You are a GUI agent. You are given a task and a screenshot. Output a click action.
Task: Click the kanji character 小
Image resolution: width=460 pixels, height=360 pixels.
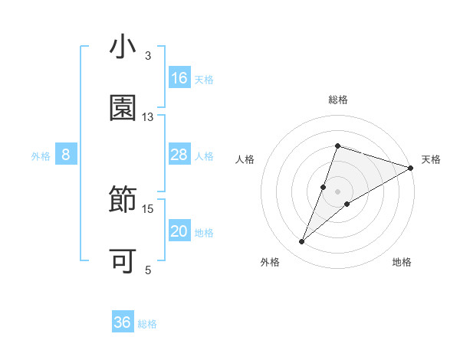tap(123, 47)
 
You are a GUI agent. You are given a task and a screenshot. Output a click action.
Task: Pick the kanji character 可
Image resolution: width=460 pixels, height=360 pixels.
tap(123, 261)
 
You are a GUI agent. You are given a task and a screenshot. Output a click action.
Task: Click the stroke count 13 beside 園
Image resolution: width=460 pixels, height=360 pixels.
tap(148, 116)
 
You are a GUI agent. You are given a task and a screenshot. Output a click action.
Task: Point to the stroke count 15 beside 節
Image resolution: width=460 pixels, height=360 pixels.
tap(148, 208)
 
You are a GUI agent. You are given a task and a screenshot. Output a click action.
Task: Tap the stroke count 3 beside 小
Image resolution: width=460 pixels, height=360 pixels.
tap(148, 56)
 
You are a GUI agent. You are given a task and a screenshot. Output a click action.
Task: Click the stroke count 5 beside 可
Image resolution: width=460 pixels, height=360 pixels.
tap(148, 270)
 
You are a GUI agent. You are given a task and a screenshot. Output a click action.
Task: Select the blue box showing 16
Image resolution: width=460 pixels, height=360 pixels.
tap(179, 78)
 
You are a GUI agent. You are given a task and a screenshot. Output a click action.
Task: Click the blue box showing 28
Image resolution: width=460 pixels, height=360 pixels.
tap(179, 155)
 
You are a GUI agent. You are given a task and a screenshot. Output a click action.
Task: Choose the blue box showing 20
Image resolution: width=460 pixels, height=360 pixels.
tap(179, 231)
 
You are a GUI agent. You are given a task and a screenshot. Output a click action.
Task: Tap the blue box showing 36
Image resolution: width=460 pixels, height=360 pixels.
tap(123, 322)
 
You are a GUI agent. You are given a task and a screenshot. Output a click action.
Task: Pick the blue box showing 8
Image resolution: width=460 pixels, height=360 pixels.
tap(66, 155)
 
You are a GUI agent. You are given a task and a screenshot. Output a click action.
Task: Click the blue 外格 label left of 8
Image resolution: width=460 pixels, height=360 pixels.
tap(41, 155)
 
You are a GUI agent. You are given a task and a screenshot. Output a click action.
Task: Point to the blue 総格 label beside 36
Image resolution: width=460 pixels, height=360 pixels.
tap(147, 324)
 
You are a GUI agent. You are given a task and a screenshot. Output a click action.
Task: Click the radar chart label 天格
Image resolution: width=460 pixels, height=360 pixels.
tap(431, 159)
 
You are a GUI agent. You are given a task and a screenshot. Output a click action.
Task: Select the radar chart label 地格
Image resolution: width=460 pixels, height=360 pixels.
tap(402, 262)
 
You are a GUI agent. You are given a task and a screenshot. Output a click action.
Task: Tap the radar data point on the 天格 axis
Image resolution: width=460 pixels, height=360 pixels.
tap(411, 168)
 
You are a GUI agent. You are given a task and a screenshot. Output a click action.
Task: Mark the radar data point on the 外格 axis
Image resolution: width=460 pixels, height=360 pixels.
tap(302, 242)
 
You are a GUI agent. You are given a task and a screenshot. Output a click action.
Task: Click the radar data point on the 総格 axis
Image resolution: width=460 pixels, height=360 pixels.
tap(337, 146)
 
